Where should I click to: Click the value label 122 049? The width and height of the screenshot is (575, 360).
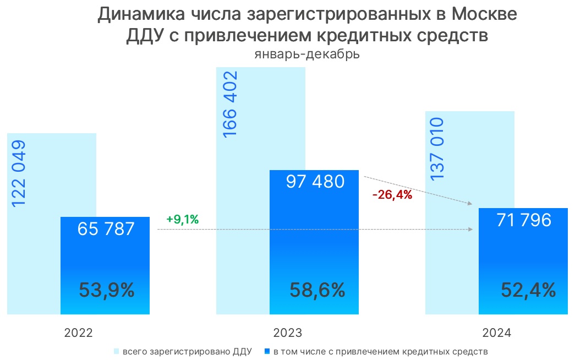19,174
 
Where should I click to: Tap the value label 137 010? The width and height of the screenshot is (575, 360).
438,148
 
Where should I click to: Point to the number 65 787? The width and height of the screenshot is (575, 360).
105,228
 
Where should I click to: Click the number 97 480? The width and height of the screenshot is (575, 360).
315,182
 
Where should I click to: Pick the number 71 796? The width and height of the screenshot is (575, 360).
523,220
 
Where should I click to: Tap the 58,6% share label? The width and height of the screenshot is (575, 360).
317,290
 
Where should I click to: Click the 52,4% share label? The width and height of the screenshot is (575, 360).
528,290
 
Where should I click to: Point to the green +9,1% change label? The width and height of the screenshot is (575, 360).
182,220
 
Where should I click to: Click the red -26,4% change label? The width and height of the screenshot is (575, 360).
392,194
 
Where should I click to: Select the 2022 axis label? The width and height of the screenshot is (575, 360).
78,333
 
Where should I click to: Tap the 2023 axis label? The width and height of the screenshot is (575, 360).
288,333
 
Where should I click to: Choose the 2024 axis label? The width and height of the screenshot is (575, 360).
497,333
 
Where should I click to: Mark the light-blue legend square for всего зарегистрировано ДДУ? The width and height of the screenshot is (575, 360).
116,351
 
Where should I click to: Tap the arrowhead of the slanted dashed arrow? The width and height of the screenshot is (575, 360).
470,204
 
